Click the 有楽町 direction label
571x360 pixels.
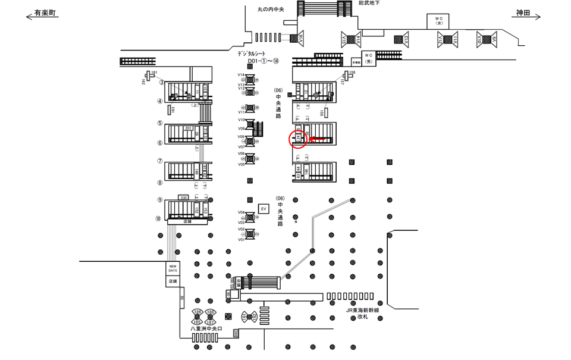coord(46,12)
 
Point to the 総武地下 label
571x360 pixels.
coord(369,3)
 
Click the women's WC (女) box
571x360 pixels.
coord(439,21)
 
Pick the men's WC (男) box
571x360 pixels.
coord(368,58)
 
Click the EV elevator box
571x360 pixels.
coord(263,209)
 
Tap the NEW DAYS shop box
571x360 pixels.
coord(172,268)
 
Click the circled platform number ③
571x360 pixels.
coord(161,82)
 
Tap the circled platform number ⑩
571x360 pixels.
coord(158,218)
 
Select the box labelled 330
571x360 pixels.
coord(184,198)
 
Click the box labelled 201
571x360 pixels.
coord(189,128)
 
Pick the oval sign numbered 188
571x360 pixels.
coord(211,312)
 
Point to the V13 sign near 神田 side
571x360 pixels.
coord(406,39)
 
